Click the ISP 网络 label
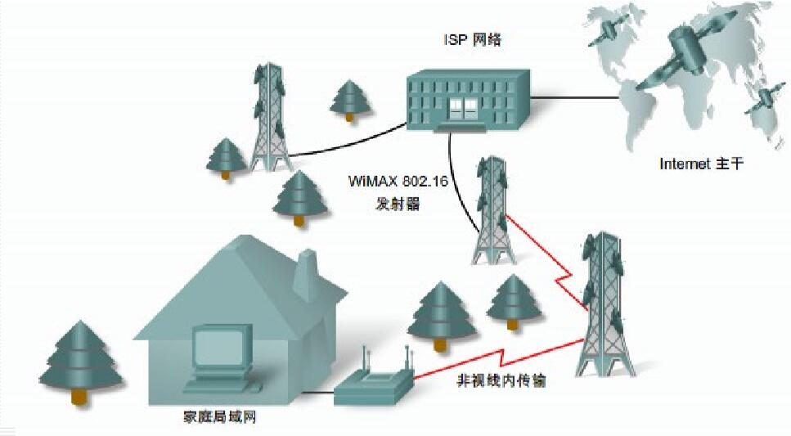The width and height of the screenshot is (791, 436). (x=469, y=41)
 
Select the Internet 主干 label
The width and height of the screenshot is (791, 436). (x=703, y=164)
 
